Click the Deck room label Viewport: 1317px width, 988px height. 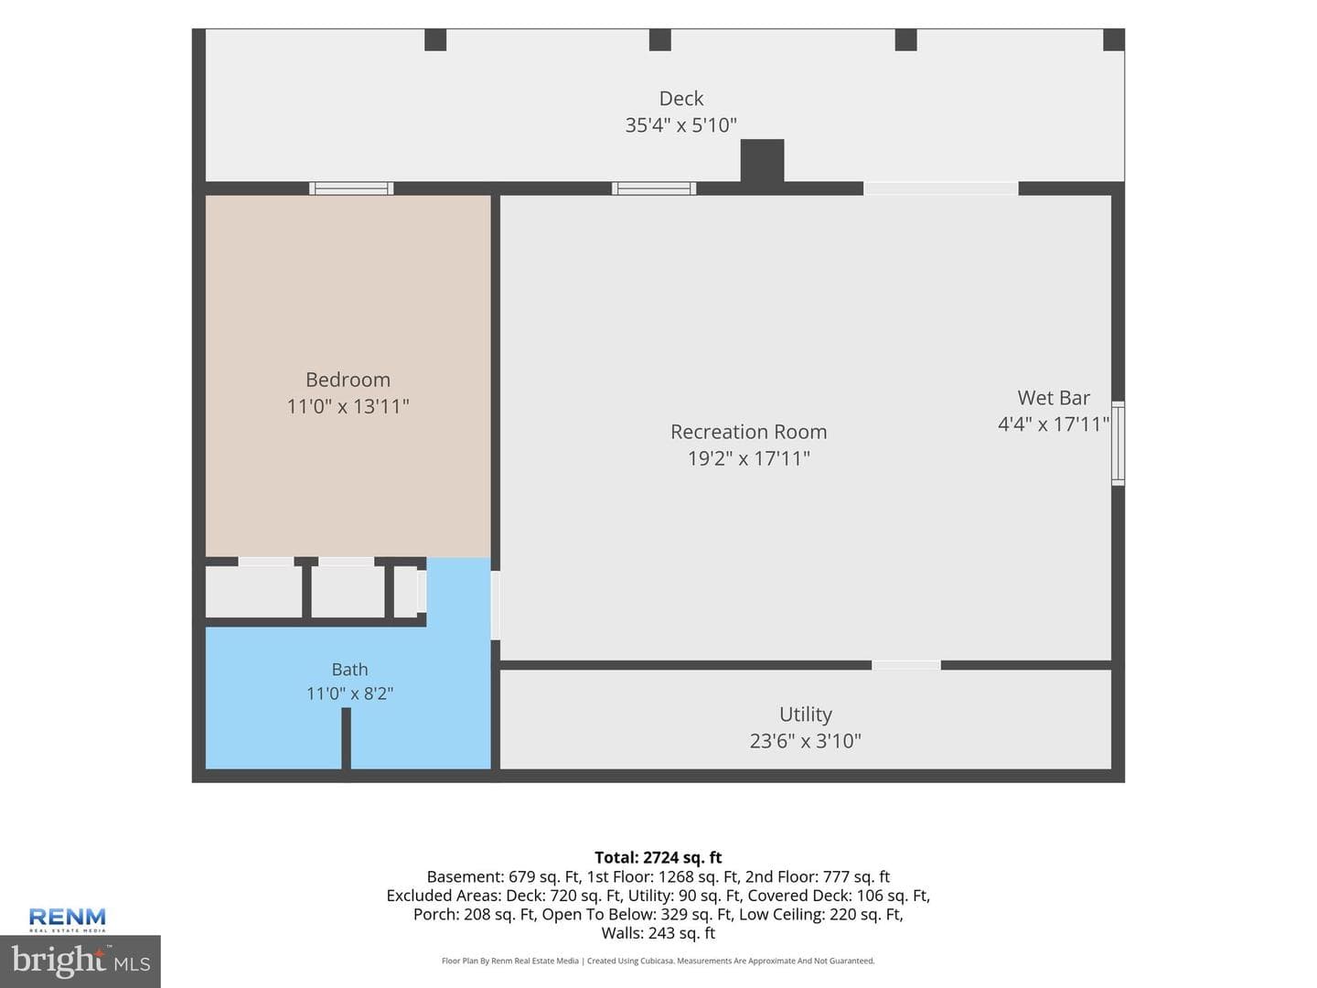click(681, 99)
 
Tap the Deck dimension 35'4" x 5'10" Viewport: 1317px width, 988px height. click(681, 125)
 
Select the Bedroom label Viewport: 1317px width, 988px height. click(348, 380)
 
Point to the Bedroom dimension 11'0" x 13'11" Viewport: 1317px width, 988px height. click(348, 407)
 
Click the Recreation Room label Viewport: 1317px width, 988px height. click(749, 432)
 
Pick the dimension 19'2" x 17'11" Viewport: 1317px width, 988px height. click(749, 459)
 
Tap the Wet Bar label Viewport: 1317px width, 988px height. click(1054, 398)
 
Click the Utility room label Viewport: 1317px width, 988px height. click(805, 714)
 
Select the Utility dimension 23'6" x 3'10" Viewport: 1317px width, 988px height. click(805, 741)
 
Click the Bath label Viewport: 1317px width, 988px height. click(349, 670)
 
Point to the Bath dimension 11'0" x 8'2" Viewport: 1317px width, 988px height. click(349, 694)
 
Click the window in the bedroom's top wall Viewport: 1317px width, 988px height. click(351, 188)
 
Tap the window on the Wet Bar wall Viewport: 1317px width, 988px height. click(1118, 444)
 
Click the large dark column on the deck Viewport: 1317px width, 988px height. click(762, 161)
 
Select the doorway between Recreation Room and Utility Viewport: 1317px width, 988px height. click(906, 665)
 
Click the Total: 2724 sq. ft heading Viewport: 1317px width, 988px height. click(658, 857)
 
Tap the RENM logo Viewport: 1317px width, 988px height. click(67, 919)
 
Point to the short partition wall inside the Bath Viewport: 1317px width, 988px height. click(347, 738)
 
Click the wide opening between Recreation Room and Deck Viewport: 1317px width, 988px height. click(941, 188)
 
